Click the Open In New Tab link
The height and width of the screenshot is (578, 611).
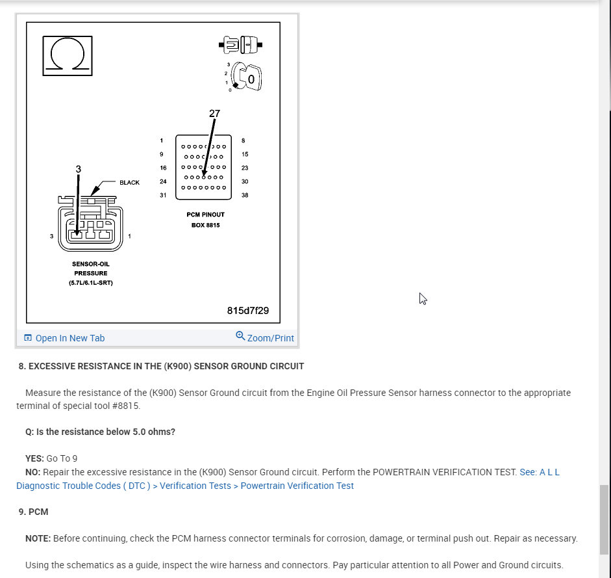[69, 338]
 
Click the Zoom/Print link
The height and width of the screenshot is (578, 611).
[270, 338]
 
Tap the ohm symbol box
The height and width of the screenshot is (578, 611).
[66, 53]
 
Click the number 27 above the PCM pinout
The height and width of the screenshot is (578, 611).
[214, 113]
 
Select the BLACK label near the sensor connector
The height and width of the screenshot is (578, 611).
[129, 183]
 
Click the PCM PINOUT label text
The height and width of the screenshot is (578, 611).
[205, 215]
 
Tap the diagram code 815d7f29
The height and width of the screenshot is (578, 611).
[248, 310]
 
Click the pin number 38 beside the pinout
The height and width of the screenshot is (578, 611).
[244, 195]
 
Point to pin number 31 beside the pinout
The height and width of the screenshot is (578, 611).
[162, 195]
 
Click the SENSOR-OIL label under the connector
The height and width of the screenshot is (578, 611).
[90, 264]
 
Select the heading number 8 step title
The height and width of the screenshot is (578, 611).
[161, 366]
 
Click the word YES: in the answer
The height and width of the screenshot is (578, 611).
[34, 458]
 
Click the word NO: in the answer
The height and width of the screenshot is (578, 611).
[33, 472]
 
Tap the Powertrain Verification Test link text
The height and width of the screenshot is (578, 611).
[297, 486]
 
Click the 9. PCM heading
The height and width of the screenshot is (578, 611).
[33, 512]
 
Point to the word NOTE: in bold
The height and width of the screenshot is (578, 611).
[38, 538]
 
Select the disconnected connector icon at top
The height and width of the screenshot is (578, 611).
[241, 46]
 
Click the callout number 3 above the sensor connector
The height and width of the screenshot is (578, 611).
[79, 169]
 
